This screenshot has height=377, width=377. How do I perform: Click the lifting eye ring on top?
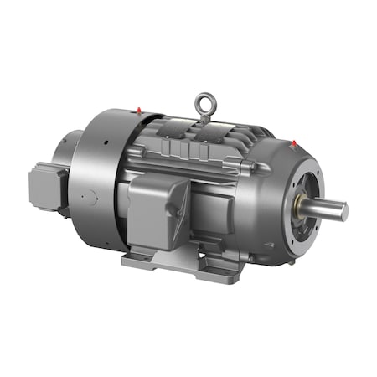202,104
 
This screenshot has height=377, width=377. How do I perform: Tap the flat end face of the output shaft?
343,211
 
